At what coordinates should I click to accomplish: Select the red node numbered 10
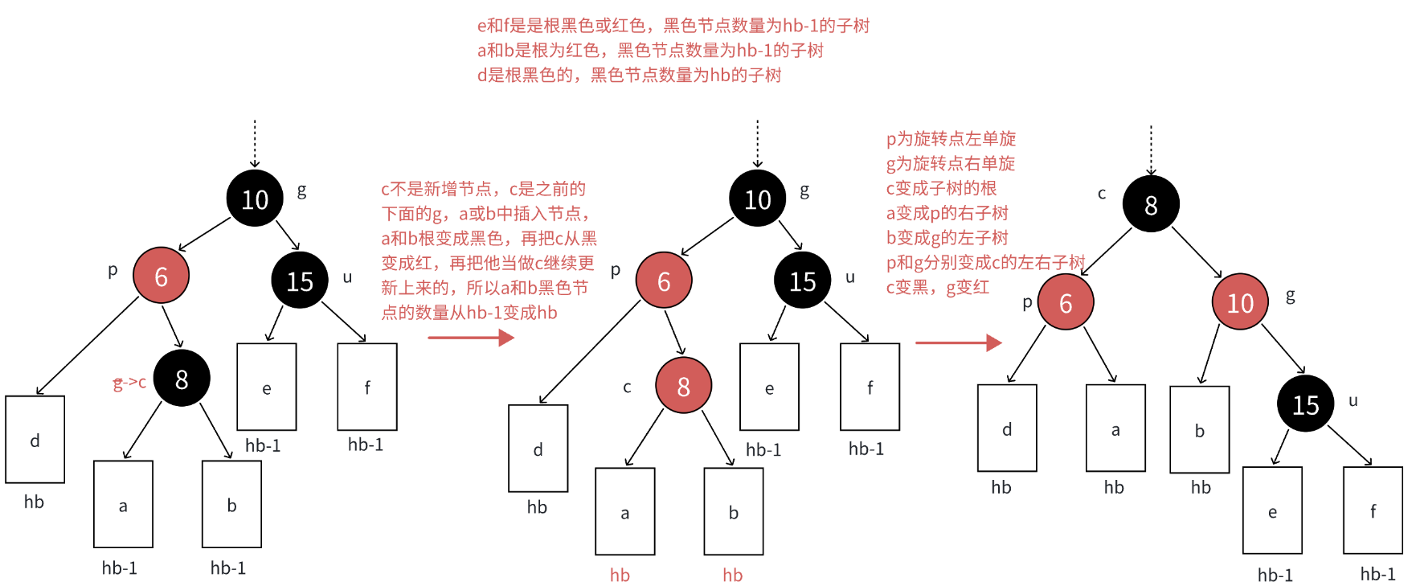coord(1240,301)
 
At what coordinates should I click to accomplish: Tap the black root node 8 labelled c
coord(1151,204)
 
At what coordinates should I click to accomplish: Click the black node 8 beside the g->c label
coord(182,378)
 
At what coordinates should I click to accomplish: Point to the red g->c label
coord(129,383)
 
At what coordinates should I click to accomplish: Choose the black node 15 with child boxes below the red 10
coord(1305,404)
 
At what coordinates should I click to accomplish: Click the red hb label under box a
coord(620,575)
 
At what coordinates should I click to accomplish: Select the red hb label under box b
coord(732,575)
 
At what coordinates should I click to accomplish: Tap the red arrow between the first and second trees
coord(471,338)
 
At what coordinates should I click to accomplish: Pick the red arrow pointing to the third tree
coord(958,342)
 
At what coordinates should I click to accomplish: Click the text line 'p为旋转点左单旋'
coord(951,139)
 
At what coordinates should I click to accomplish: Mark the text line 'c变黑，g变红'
coord(937,287)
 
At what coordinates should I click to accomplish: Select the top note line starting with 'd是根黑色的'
coord(629,75)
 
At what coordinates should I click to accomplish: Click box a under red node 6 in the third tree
coord(1115,428)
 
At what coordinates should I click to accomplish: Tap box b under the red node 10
coord(1199,429)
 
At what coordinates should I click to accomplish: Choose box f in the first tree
coord(366,387)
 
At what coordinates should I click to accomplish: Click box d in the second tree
coord(538,448)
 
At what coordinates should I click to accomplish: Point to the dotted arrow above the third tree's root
coord(1151,150)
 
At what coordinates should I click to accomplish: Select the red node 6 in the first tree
coord(161,276)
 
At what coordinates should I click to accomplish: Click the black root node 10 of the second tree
coord(757,199)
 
